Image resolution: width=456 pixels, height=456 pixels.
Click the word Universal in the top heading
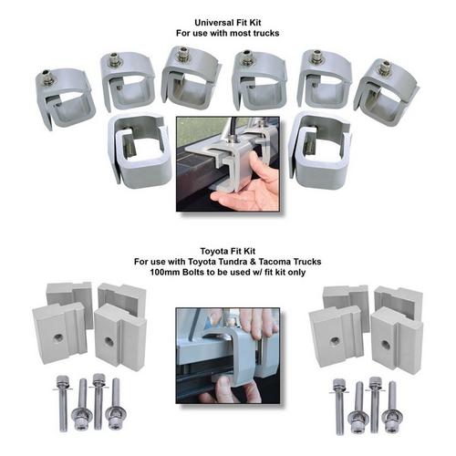pos(212,23)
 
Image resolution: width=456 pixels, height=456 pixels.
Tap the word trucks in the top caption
pos(264,33)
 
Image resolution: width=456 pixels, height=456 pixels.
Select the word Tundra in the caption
pos(231,262)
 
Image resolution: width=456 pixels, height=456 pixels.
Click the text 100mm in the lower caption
pos(165,272)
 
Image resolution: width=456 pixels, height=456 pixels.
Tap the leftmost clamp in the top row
pos(65,98)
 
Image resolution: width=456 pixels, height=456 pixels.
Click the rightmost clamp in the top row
pos(386,91)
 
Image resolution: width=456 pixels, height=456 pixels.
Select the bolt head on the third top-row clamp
pos(183,53)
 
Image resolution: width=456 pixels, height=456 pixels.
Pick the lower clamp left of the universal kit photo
pos(140,150)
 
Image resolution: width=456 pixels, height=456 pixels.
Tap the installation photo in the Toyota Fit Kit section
pos(228,356)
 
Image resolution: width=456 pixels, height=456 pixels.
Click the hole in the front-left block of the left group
pos(58,337)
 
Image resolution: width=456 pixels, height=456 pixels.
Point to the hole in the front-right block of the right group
pos(386,345)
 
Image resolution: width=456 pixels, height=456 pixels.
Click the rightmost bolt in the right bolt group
pos(390,407)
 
